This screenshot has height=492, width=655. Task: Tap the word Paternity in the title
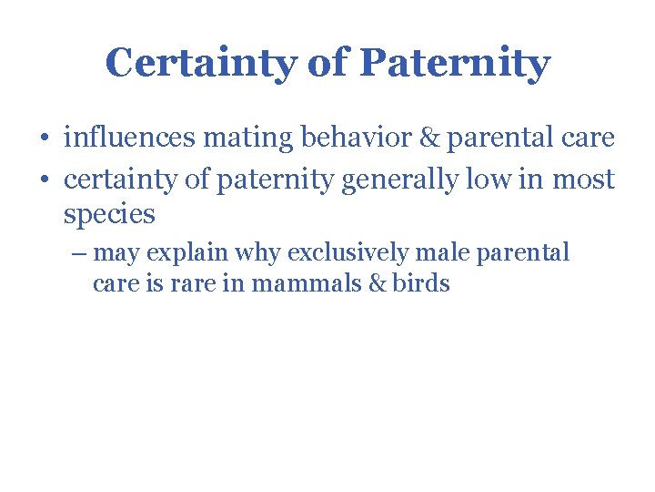(455, 64)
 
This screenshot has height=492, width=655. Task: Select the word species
(109, 216)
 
